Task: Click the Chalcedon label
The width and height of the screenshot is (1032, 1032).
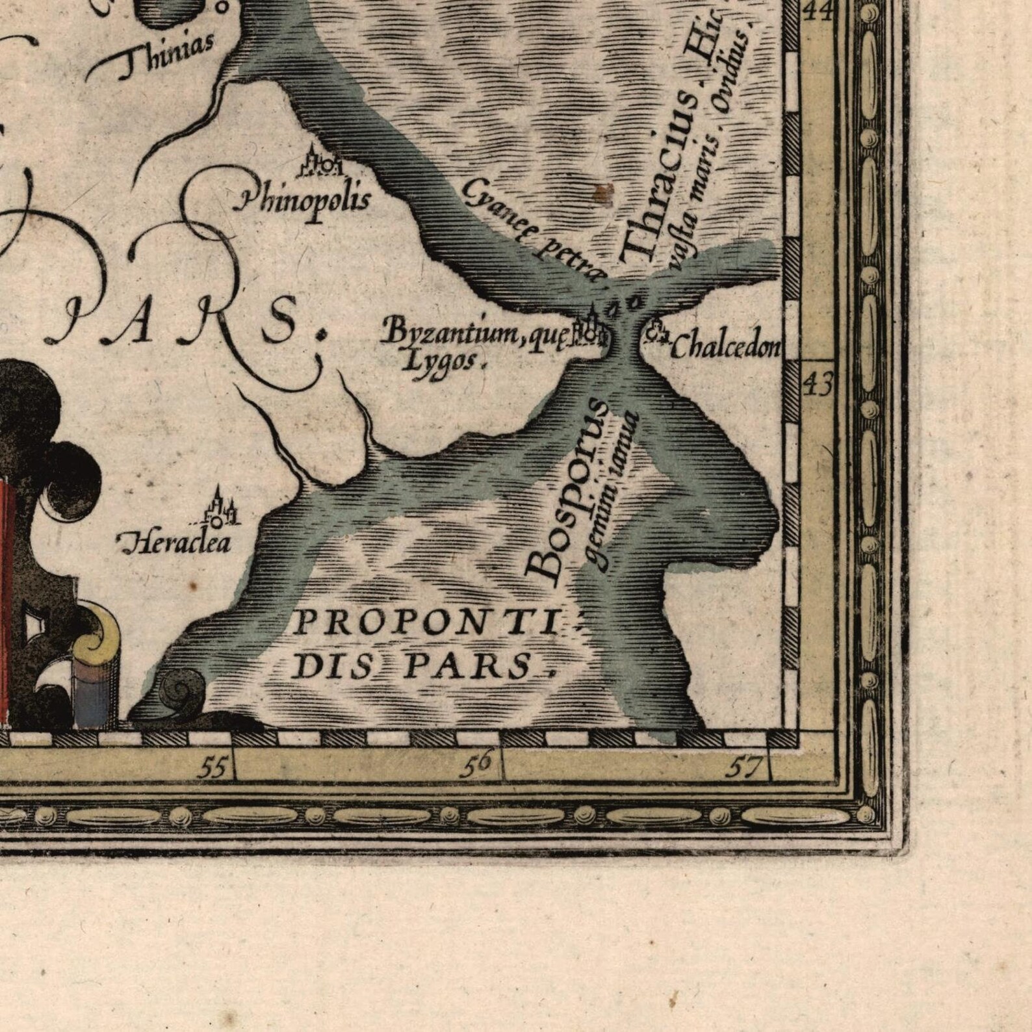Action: (724, 348)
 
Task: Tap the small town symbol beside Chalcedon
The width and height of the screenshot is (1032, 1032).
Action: (658, 332)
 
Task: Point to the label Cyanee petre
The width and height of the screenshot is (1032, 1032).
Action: (534, 227)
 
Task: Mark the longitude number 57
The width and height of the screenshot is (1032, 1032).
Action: (743, 768)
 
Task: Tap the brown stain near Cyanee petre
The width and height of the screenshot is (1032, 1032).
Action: (604, 192)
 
